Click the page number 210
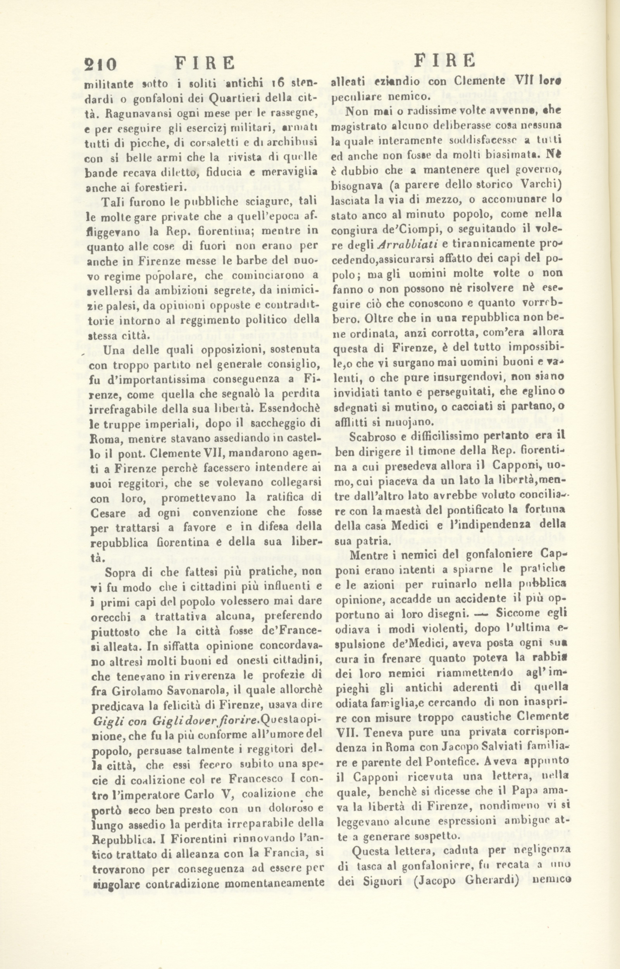pos(100,64)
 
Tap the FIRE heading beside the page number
pos(205,63)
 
